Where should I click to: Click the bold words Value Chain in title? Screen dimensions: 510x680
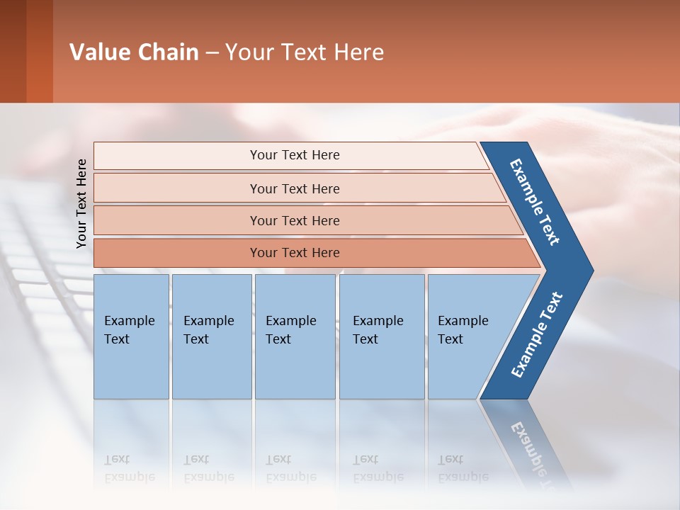(x=134, y=52)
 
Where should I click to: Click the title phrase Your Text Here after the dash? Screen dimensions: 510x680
(x=305, y=52)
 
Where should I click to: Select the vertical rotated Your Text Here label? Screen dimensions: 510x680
(x=81, y=203)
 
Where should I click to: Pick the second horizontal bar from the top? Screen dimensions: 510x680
(x=294, y=188)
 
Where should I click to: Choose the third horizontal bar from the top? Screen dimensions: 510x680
(x=294, y=220)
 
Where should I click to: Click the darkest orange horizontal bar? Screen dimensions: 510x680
(x=294, y=253)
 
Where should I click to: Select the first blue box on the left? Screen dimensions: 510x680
(x=131, y=336)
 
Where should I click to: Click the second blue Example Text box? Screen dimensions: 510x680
(x=211, y=336)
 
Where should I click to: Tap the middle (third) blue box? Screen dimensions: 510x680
(x=295, y=336)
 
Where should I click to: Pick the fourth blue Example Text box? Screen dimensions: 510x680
(x=381, y=336)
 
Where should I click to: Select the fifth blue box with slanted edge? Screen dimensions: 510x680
(x=467, y=336)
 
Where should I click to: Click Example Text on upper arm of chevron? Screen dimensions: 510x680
(x=535, y=202)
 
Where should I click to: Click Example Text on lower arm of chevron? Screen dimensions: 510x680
(x=537, y=335)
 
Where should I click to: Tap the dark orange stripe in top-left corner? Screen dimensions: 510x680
(x=40, y=51)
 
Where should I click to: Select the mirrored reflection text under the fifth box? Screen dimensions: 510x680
(x=463, y=468)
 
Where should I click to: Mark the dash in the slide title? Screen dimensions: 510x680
(x=212, y=53)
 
